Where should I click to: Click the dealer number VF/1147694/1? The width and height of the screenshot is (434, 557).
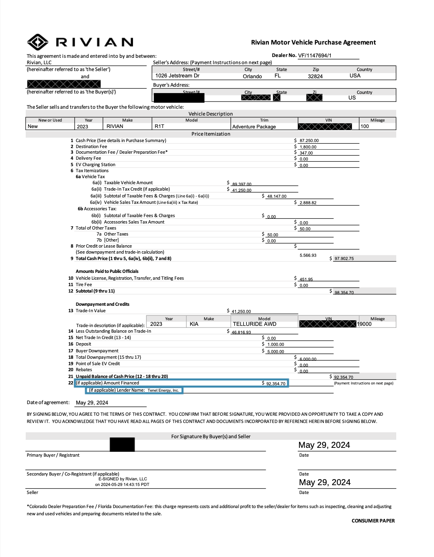click(315, 56)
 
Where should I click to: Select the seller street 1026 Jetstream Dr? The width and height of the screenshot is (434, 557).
click(177, 76)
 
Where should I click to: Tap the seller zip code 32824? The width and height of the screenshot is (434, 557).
click(315, 76)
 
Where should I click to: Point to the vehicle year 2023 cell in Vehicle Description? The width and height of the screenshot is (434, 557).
click(82, 126)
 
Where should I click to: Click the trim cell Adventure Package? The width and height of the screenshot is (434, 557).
click(254, 127)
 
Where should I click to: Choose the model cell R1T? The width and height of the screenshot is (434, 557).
click(160, 126)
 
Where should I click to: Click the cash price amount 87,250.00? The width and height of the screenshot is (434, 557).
click(309, 141)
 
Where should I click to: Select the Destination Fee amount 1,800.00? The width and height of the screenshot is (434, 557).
click(308, 147)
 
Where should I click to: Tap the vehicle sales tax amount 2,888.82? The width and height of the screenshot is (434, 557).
click(308, 203)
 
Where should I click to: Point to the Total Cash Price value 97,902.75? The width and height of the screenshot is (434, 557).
click(344, 259)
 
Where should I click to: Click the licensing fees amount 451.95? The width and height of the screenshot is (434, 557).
click(306, 279)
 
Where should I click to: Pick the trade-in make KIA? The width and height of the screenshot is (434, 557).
click(194, 324)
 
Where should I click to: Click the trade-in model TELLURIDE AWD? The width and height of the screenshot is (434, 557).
click(254, 324)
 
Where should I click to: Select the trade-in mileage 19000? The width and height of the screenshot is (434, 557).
click(364, 324)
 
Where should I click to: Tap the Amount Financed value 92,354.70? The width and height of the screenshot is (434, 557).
click(276, 384)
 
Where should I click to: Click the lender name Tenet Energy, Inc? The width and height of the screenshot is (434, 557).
click(163, 390)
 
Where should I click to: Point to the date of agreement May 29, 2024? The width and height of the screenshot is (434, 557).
click(92, 403)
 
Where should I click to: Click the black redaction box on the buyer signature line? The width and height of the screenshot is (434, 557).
click(122, 445)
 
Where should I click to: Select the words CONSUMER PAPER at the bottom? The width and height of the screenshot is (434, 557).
click(373, 521)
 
